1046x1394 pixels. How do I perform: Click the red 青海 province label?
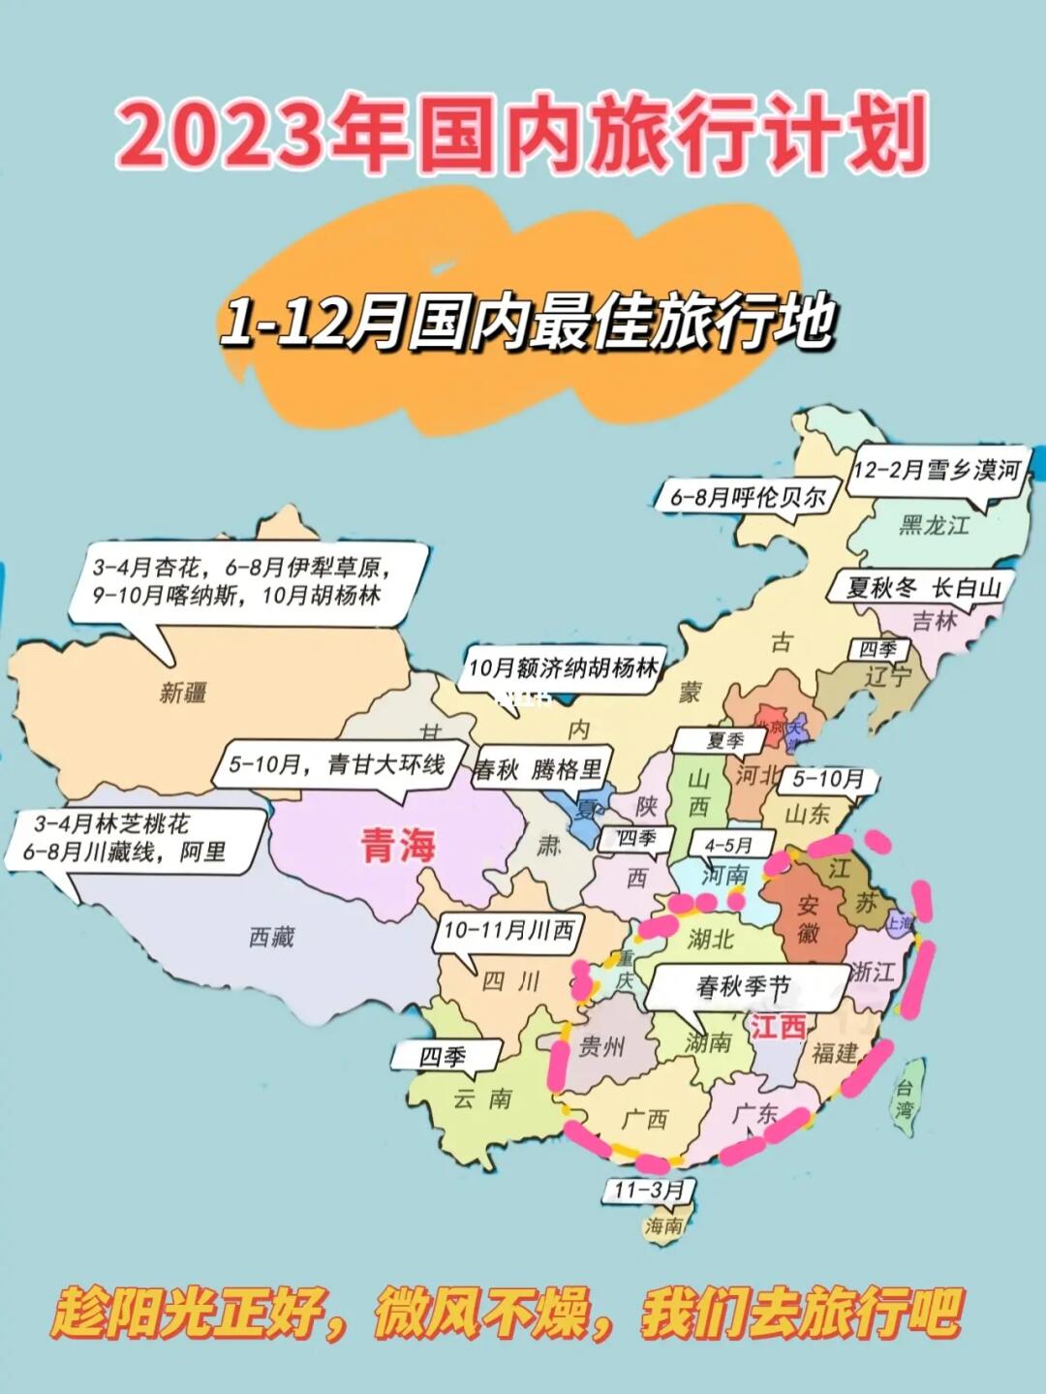398,846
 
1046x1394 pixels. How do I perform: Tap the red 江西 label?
778,1025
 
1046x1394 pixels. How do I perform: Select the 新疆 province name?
183,693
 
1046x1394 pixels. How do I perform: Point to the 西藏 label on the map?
271,937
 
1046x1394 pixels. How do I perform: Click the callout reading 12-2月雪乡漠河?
937,471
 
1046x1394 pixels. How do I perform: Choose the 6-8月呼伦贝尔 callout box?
748,498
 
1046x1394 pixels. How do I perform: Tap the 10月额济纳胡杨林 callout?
563,668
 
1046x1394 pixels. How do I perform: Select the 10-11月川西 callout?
508,931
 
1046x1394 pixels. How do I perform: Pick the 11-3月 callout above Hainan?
650,1190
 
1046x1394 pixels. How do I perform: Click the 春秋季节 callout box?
743,987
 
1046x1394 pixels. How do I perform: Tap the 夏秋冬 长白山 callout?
923,588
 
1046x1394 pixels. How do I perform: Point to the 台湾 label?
904,1099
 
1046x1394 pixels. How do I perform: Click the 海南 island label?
664,1225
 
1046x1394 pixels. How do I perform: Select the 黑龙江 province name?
933,526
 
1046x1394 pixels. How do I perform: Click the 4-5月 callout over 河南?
727,846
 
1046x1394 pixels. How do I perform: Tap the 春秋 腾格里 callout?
538,770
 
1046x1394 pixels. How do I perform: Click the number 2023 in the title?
220,136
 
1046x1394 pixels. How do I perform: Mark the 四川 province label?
510,981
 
